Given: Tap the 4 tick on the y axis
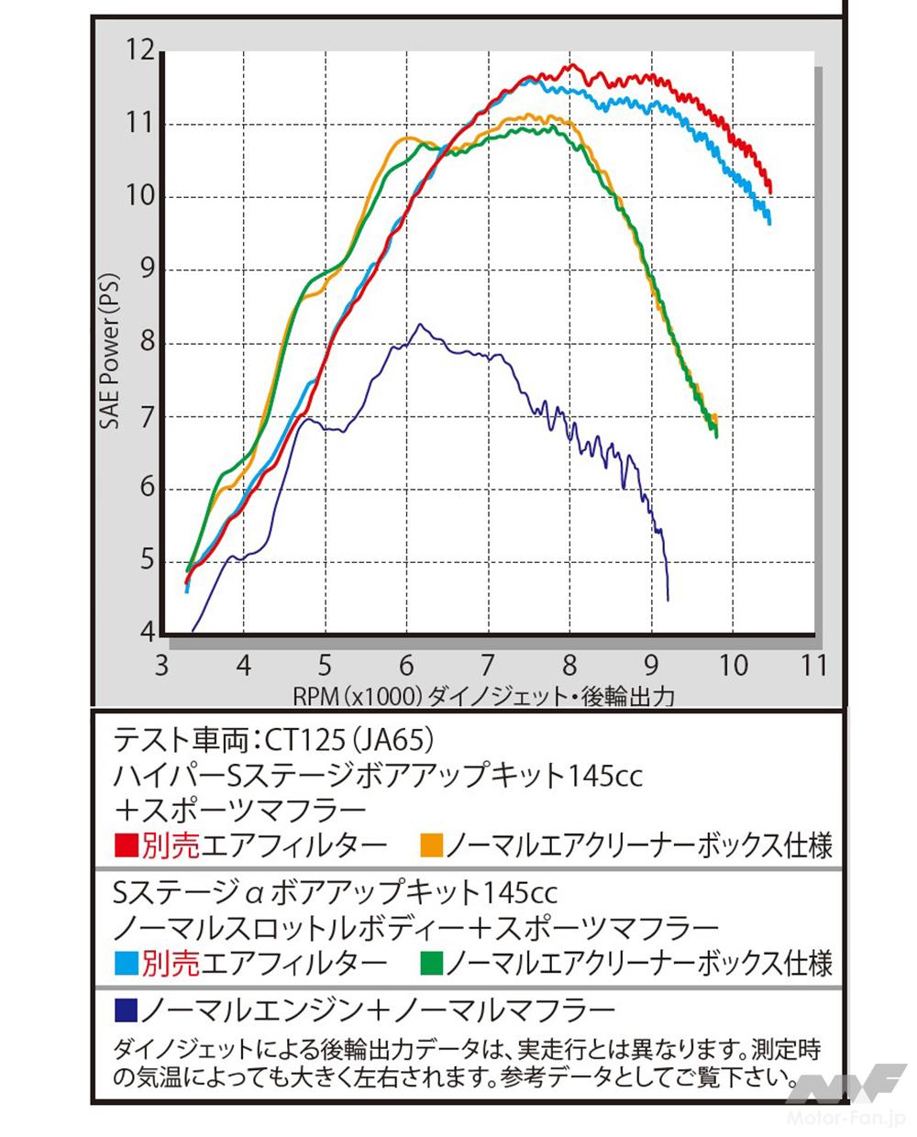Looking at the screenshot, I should (x=147, y=633).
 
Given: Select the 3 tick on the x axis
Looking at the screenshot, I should (x=162, y=666).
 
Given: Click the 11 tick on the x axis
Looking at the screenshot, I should (x=812, y=666).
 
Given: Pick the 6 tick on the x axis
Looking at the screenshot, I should (x=406, y=666).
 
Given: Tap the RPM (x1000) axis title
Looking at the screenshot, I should (x=358, y=696).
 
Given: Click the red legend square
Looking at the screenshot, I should (x=126, y=844).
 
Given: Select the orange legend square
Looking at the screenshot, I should (x=430, y=844).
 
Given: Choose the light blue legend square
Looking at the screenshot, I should (x=126, y=963).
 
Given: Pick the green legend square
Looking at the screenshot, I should (x=430, y=963).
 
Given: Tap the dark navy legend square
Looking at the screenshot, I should (x=126, y=1010).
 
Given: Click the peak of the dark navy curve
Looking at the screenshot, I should (x=420, y=324).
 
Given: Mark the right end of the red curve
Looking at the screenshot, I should (x=770, y=192).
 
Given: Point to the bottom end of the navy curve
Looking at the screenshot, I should (x=668, y=600).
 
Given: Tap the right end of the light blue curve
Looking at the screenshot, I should (x=769, y=223).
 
